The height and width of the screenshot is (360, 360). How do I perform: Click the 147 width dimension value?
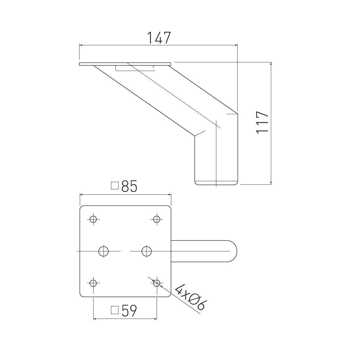pyautogui.click(x=159, y=38)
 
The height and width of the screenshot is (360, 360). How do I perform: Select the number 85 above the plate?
pyautogui.click(x=129, y=187)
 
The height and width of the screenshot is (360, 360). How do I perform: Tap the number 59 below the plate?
pyautogui.click(x=129, y=311)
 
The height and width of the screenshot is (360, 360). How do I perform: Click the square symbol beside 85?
pyautogui.click(x=115, y=186)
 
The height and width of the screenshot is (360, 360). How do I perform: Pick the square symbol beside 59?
pyautogui.click(x=115, y=310)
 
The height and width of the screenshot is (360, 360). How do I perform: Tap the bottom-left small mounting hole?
pyautogui.click(x=93, y=283)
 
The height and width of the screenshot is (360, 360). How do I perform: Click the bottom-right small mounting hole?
pyautogui.click(x=156, y=283)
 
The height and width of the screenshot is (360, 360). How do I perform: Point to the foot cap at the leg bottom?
pyautogui.click(x=216, y=183)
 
